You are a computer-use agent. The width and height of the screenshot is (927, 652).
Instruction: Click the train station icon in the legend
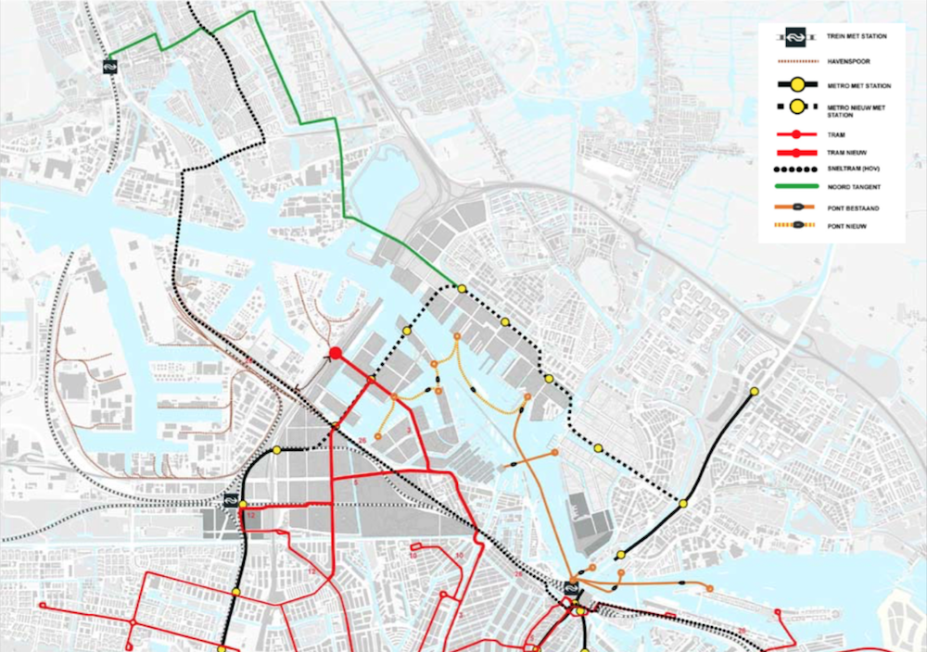coord(794,38)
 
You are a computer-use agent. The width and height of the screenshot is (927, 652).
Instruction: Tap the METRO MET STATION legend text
coord(859,86)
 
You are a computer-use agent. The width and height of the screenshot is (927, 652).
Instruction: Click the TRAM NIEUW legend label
coord(844,151)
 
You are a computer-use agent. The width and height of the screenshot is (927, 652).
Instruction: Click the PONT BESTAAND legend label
coord(853,208)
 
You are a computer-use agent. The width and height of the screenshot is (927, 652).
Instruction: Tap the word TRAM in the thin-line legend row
coord(837,134)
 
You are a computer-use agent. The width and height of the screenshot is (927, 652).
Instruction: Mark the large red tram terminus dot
coord(336,352)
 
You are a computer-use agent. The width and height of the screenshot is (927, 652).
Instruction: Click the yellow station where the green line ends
coord(462,289)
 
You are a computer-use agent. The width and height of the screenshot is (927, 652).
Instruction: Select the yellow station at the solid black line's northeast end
coord(755,391)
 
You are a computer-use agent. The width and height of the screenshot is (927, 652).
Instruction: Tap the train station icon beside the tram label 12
coord(229,501)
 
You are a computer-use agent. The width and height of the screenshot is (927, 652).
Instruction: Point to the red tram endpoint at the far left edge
coord(43,606)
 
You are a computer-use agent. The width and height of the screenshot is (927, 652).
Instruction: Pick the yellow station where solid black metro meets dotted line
coord(277,451)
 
